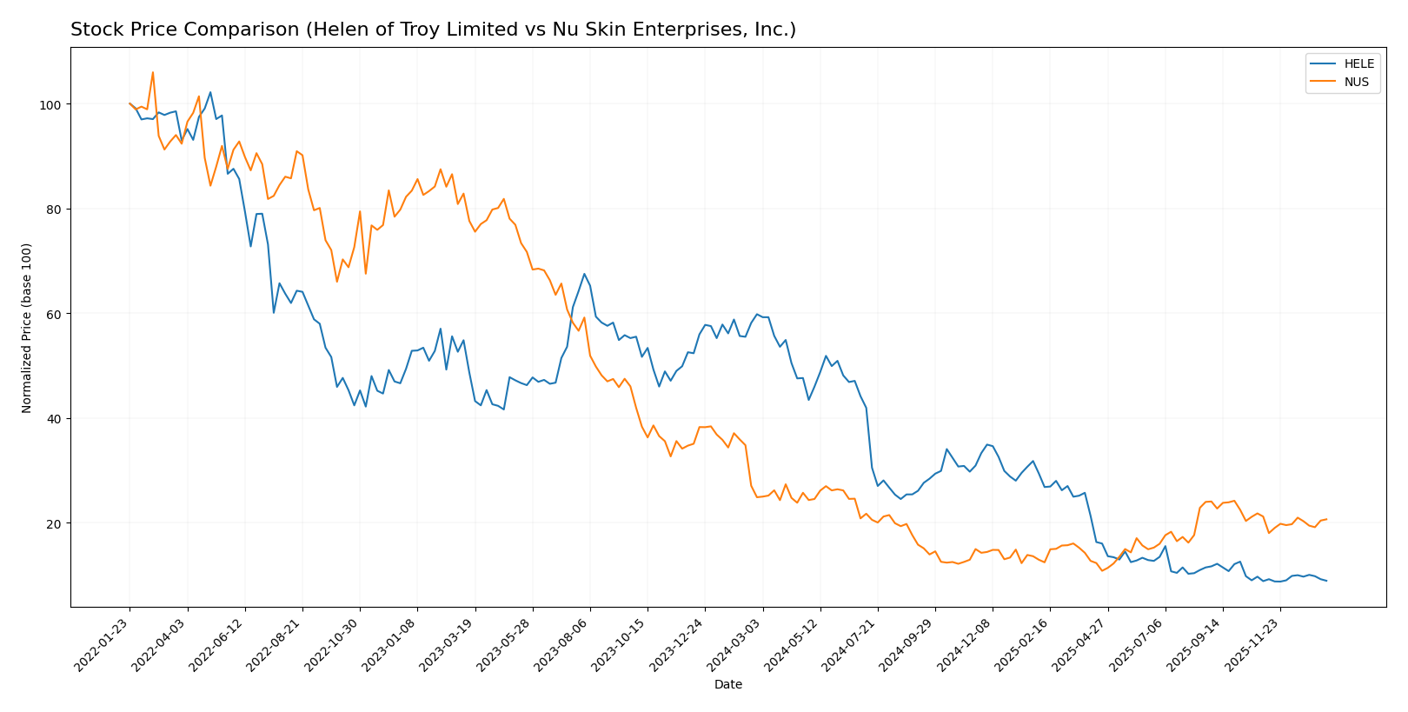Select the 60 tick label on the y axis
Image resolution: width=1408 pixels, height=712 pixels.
pyautogui.click(x=54, y=314)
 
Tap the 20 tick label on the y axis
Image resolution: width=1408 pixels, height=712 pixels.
pyautogui.click(x=54, y=523)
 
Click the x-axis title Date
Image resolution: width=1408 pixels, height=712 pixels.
pyautogui.click(x=727, y=685)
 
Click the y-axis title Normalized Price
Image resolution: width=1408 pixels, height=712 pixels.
pyautogui.click(x=27, y=328)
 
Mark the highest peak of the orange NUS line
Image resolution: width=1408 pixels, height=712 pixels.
pyautogui.click(x=153, y=72)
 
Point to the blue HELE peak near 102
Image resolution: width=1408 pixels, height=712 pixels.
pyautogui.click(x=210, y=92)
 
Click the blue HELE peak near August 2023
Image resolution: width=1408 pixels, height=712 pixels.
pyautogui.click(x=584, y=274)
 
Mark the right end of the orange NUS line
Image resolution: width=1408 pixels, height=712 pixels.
pyautogui.click(x=1326, y=519)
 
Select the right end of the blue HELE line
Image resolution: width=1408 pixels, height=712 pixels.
pyautogui.click(x=1326, y=581)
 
